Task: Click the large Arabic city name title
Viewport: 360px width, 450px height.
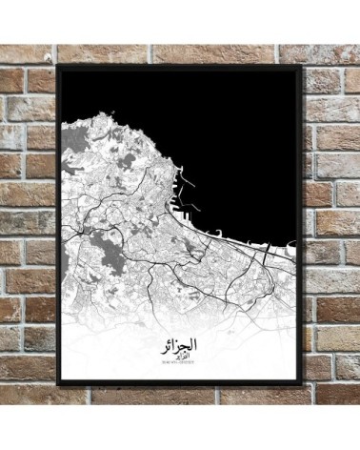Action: [x=181, y=339]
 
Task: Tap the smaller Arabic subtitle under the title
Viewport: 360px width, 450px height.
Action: [x=181, y=354]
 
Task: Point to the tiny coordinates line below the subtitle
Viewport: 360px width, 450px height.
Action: [x=181, y=362]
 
